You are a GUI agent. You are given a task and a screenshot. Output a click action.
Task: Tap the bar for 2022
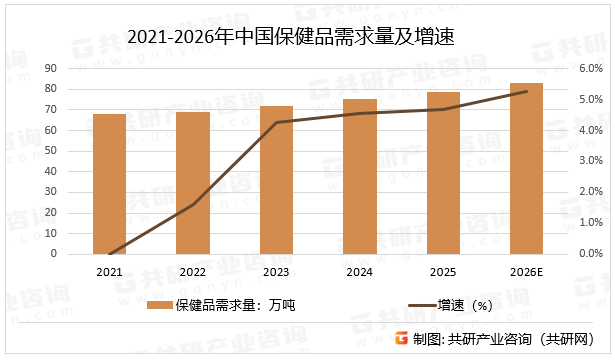[193, 183]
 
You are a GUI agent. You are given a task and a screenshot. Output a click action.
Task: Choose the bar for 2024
[359, 177]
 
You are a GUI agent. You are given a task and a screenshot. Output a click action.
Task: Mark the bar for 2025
[443, 173]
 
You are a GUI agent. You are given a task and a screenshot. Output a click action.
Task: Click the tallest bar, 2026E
[526, 168]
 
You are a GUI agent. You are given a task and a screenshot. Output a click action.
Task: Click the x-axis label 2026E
[526, 272]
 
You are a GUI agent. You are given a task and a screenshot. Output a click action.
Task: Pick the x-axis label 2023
[276, 272]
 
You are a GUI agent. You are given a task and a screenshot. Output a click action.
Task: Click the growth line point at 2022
[193, 204]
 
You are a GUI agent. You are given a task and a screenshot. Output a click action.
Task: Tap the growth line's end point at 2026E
[526, 91]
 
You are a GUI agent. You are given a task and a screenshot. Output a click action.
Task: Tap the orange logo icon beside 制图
[400, 339]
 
